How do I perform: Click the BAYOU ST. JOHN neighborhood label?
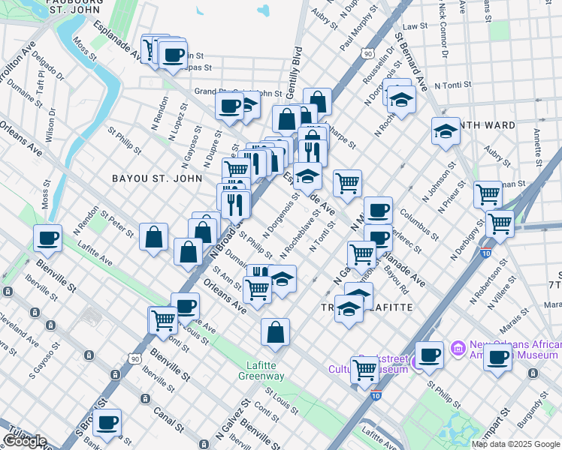pyautogui.click(x=156, y=178)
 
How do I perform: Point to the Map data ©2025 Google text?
pyautogui.click(x=515, y=444)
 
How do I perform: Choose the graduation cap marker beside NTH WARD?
pyautogui.click(x=446, y=130)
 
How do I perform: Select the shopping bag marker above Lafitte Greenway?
pyautogui.click(x=276, y=331)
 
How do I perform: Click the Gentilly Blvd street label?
pyautogui.click(x=294, y=75)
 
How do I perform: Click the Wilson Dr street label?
pyautogui.click(x=50, y=124)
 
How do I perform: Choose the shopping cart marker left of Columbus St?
pyautogui.click(x=347, y=182)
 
